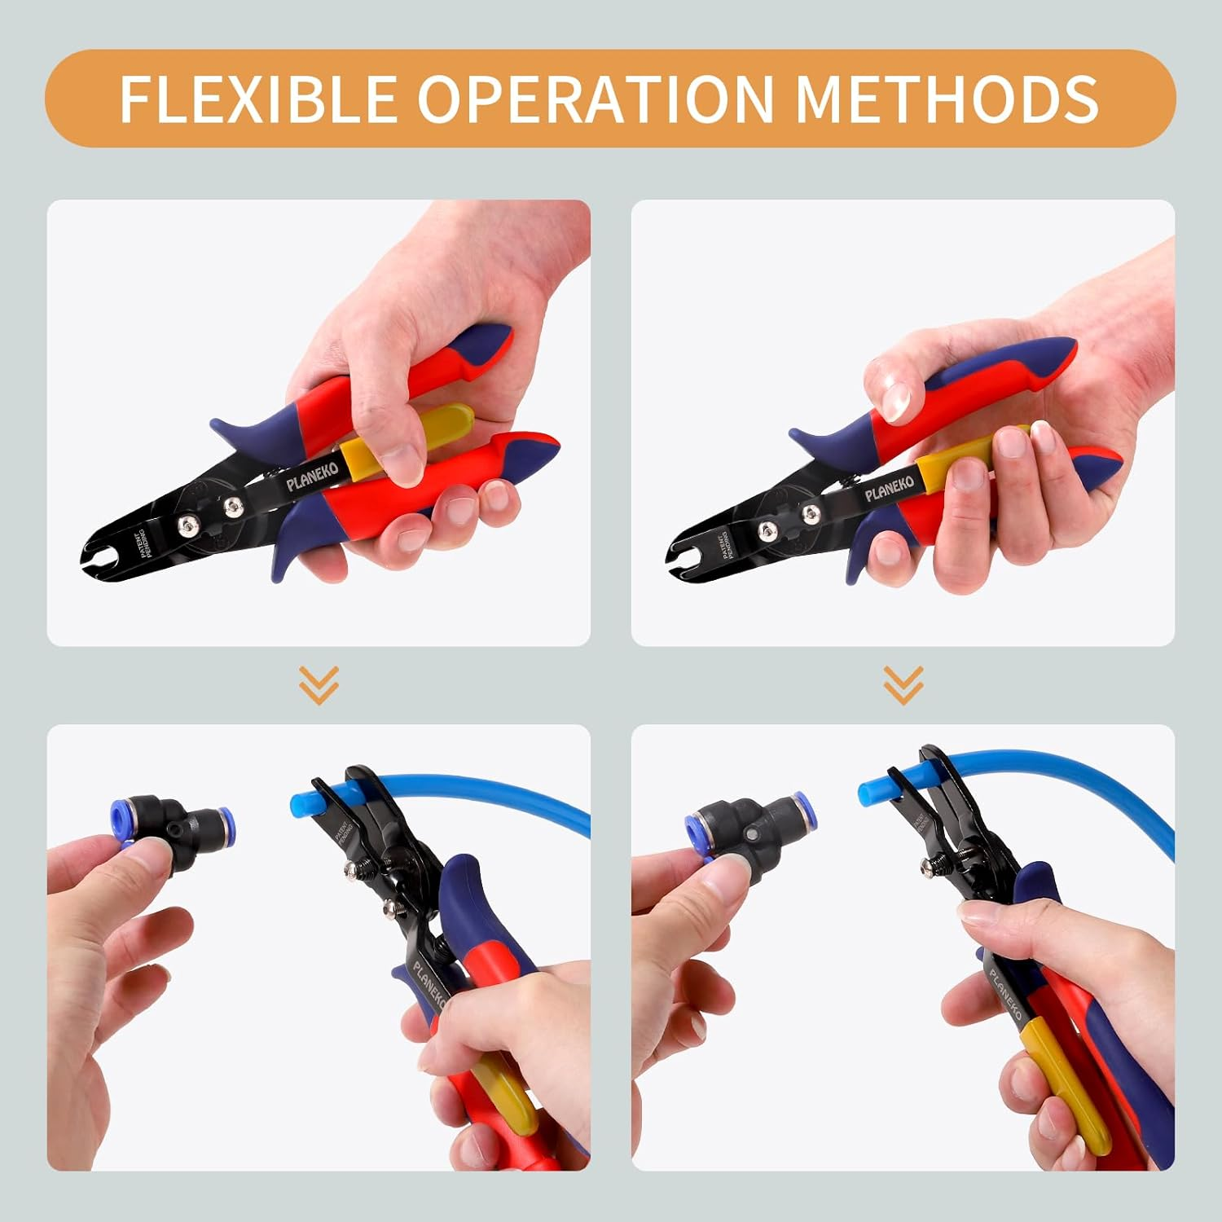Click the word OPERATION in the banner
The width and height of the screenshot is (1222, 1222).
pos(596,99)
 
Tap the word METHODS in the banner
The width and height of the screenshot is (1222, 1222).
pos(947,99)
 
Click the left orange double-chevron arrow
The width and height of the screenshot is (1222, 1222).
pos(319,684)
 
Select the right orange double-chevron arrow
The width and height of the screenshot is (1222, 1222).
pos(903,684)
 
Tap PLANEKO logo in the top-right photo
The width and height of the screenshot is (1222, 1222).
pos(890,487)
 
